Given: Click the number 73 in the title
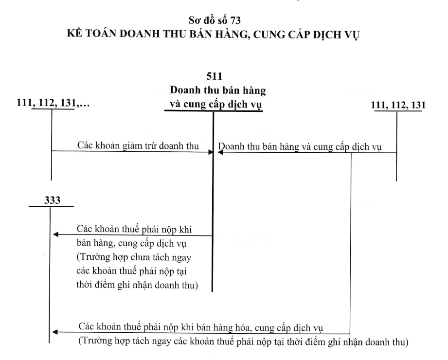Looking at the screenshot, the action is (x=236, y=20).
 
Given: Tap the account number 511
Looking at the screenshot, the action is (x=215, y=76).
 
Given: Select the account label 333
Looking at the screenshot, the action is (x=52, y=200).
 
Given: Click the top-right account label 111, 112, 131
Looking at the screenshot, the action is (x=398, y=105).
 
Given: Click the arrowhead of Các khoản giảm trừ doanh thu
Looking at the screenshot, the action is (x=211, y=152).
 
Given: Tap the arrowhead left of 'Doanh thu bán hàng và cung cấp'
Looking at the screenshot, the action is (x=220, y=152).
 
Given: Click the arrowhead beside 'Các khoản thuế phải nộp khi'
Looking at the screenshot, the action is (x=56, y=234).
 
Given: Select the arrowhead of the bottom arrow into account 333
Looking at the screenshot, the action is (x=55, y=332).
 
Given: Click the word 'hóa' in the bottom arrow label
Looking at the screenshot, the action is (x=242, y=327).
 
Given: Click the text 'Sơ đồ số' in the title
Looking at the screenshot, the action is (x=208, y=20).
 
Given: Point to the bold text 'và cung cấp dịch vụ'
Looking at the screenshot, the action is (x=216, y=104).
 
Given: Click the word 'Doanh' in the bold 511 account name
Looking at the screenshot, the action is (x=185, y=90).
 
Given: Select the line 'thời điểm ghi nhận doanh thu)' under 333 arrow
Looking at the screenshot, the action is (x=137, y=285).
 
